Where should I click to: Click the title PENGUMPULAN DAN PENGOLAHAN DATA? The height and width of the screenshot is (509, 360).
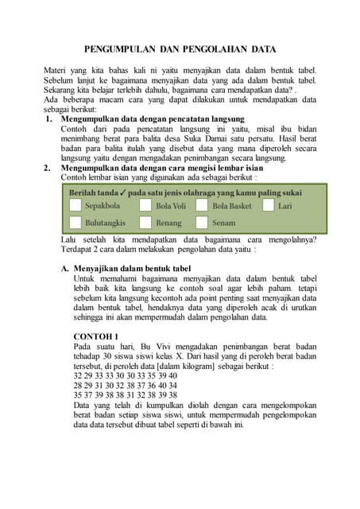click(x=180, y=49)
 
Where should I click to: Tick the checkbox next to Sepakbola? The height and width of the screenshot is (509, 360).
click(x=75, y=206)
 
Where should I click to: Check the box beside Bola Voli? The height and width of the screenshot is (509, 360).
click(x=145, y=206)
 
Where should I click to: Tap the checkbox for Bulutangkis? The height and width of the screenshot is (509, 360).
click(x=75, y=223)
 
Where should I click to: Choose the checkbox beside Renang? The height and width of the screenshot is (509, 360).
click(x=145, y=223)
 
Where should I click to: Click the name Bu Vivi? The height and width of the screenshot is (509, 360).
click(x=169, y=347)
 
